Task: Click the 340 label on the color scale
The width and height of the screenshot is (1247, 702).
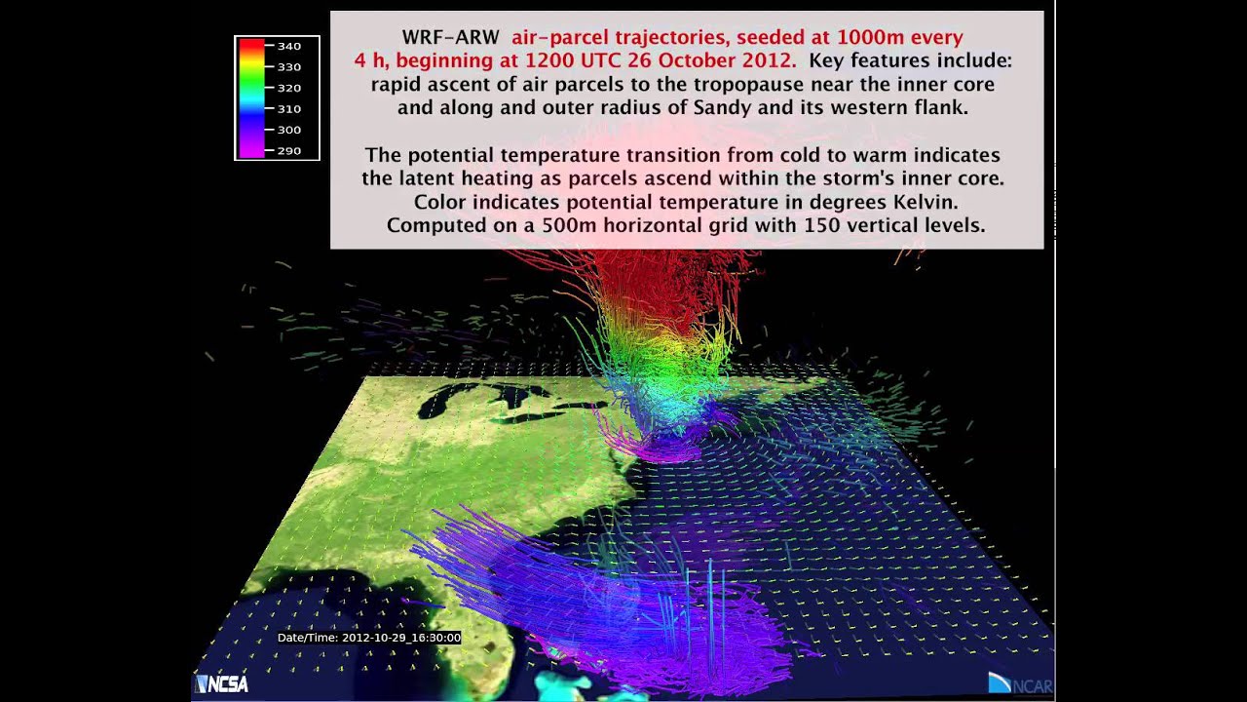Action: point(288,46)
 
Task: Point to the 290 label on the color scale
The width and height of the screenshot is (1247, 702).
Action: point(288,151)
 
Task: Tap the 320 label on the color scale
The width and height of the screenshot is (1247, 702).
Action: point(288,88)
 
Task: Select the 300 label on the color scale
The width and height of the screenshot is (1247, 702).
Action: point(288,130)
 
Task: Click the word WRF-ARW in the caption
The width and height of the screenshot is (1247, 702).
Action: point(450,38)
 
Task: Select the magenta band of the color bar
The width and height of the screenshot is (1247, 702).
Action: point(251,149)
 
